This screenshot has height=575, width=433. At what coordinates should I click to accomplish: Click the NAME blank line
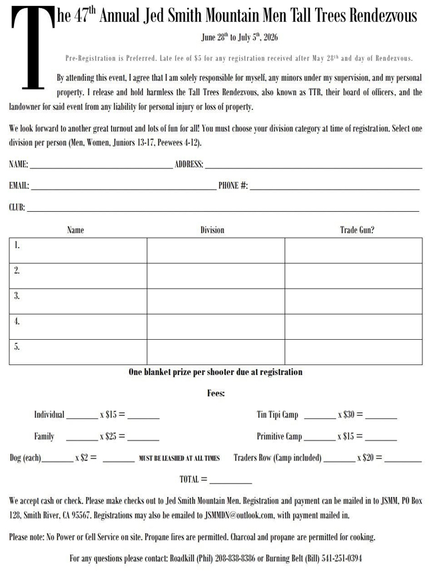point(101,167)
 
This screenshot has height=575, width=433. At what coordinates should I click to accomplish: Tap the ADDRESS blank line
point(313,167)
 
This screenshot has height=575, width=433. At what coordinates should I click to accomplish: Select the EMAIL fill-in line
point(123,189)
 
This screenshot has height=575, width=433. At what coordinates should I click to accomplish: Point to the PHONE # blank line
point(334,189)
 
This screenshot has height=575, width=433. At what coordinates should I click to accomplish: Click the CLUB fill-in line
point(223,211)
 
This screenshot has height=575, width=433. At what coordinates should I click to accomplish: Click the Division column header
point(213,230)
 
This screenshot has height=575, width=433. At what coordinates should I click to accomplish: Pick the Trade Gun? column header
point(357,230)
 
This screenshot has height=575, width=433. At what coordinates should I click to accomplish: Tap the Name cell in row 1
point(78,251)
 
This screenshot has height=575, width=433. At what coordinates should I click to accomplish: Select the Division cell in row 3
point(216,301)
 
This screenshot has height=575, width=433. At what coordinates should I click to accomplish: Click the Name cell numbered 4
point(78,326)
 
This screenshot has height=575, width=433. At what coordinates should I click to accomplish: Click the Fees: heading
point(216,393)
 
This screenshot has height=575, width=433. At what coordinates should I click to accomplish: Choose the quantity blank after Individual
point(83,417)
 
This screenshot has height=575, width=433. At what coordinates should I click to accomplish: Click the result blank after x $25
point(143,440)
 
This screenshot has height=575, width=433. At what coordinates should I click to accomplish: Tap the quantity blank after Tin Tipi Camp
point(320,417)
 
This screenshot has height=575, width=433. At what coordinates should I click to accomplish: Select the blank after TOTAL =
point(230,482)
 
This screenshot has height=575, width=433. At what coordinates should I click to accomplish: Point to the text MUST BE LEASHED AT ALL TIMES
point(179,458)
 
